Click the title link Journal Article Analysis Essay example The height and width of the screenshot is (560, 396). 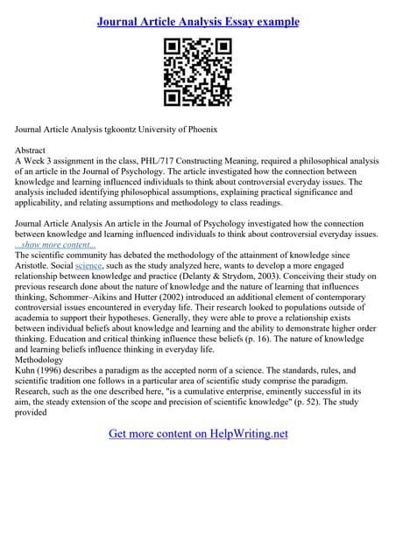pos(197,21)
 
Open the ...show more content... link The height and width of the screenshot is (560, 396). pos(56,244)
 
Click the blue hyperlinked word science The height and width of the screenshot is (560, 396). pos(88,266)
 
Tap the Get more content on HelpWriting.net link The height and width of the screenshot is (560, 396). pos(198,433)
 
